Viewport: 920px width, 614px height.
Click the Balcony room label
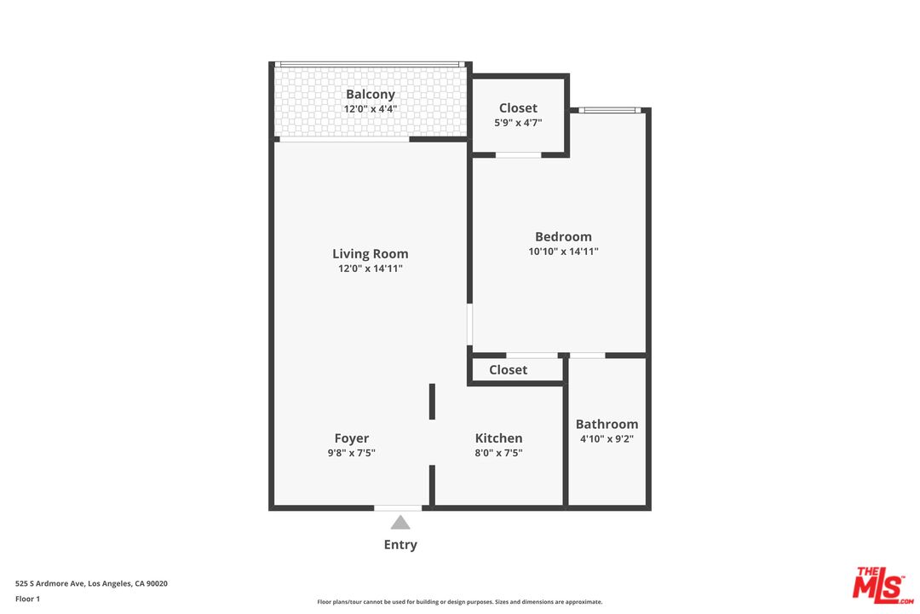click(370, 95)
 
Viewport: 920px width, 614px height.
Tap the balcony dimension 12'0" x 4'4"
click(370, 109)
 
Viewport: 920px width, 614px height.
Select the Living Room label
click(370, 253)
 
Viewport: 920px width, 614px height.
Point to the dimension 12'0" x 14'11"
click(370, 269)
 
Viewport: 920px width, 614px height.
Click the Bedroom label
click(563, 236)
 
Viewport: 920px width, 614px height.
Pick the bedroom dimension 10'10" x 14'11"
click(563, 252)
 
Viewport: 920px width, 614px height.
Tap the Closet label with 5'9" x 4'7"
click(518, 108)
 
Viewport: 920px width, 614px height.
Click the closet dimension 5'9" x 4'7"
click(518, 123)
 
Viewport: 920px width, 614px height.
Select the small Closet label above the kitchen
click(508, 370)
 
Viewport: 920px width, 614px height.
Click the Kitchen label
click(498, 438)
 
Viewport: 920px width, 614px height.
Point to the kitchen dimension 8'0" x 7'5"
click(498, 454)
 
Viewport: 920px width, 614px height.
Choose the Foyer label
click(351, 438)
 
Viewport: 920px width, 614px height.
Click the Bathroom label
click(607, 424)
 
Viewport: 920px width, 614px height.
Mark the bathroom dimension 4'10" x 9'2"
click(607, 439)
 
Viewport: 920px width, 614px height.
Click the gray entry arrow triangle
click(400, 523)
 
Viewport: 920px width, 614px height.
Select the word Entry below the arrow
click(400, 545)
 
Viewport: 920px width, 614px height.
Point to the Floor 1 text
click(27, 600)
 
